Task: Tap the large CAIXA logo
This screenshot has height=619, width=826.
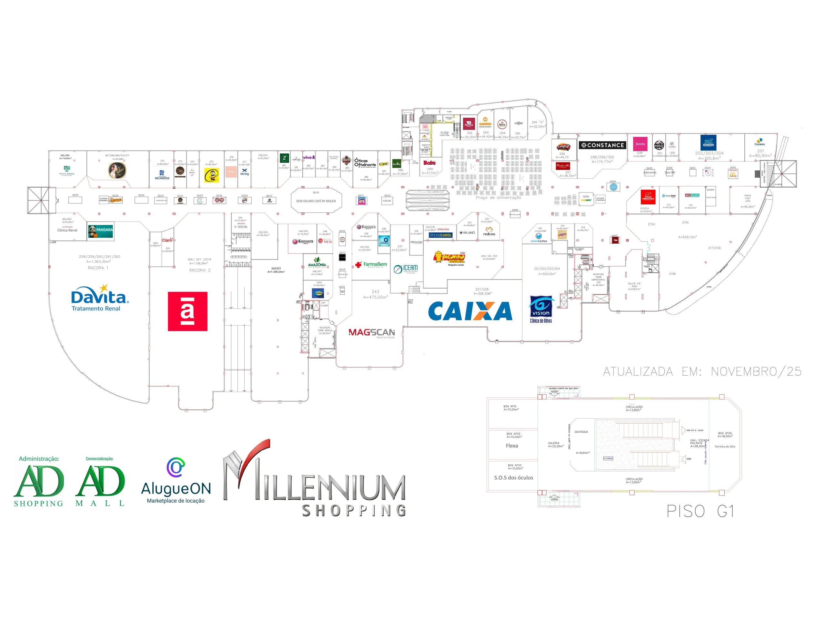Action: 470,311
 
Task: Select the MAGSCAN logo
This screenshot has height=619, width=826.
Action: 372,332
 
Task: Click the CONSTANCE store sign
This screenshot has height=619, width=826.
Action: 602,145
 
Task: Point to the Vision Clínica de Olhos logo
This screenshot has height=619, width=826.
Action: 541,309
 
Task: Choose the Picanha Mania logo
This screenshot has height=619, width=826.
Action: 449,258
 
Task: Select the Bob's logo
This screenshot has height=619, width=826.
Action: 429,163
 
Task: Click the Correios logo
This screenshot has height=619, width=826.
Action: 759,142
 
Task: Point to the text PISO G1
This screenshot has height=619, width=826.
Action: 700,511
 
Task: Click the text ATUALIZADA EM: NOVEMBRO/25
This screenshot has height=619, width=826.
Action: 702,372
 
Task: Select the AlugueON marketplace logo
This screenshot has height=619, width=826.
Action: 176,482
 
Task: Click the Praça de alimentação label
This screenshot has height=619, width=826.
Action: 498,198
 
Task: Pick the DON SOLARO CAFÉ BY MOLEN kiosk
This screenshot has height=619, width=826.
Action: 316,201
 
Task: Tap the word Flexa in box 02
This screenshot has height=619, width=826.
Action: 512,446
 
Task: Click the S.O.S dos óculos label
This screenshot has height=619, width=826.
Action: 513,477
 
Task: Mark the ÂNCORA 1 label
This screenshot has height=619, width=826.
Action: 98,268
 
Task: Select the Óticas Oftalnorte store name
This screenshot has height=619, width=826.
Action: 365,163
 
